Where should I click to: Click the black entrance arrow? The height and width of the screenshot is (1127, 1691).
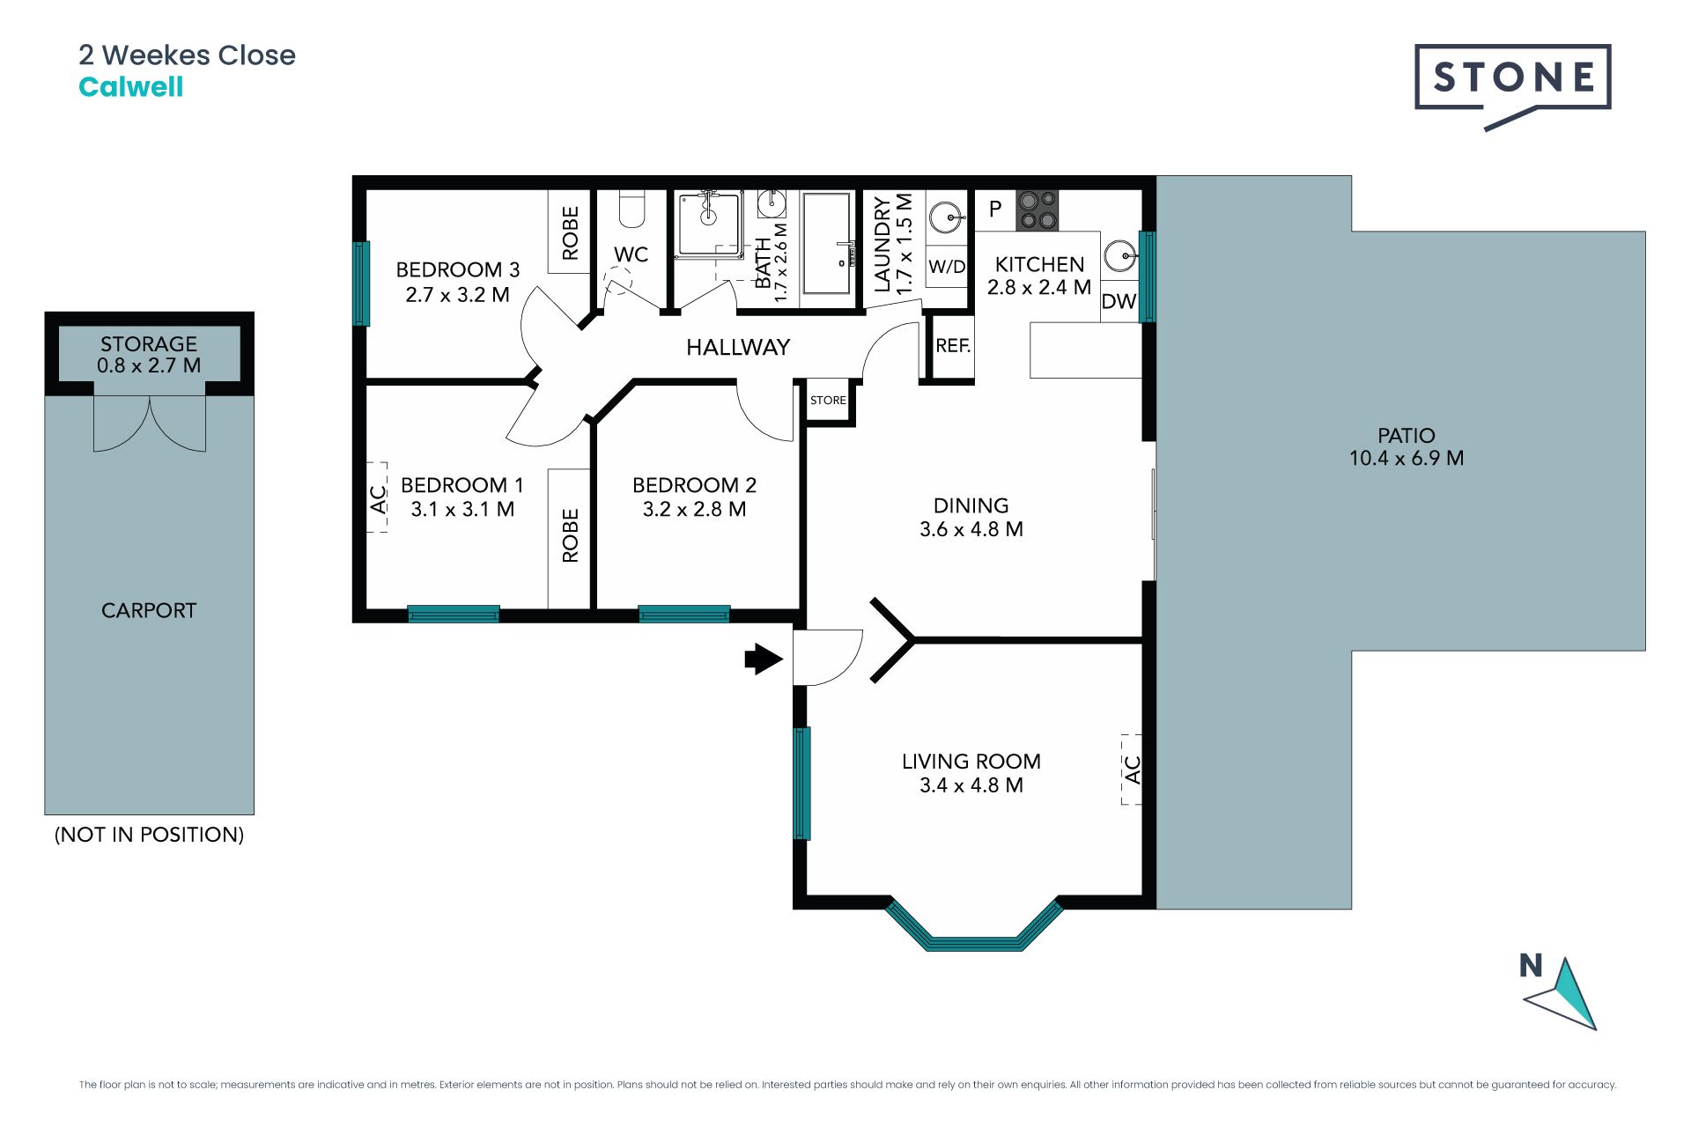[764, 659]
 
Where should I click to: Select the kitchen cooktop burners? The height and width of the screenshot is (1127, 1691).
[1037, 210]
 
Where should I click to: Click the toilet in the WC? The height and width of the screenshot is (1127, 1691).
[631, 208]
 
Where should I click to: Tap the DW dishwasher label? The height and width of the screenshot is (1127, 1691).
[1119, 301]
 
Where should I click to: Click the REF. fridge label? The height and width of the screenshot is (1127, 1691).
[953, 346]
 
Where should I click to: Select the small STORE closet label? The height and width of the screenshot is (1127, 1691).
[828, 400]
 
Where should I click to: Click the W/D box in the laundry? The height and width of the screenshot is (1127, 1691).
[947, 267]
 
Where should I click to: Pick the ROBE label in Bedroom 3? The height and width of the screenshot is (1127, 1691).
[570, 232]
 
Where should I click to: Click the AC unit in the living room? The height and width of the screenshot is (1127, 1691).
[1132, 770]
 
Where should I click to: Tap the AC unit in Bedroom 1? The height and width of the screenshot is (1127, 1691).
[378, 498]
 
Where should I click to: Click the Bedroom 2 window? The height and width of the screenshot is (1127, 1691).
[684, 614]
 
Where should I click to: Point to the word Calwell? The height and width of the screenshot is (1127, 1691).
[131, 87]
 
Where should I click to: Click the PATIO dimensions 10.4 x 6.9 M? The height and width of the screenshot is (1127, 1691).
[1407, 458]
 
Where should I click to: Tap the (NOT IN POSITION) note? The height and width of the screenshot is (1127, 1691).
[149, 835]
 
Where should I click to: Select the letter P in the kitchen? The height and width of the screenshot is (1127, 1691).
[995, 209]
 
